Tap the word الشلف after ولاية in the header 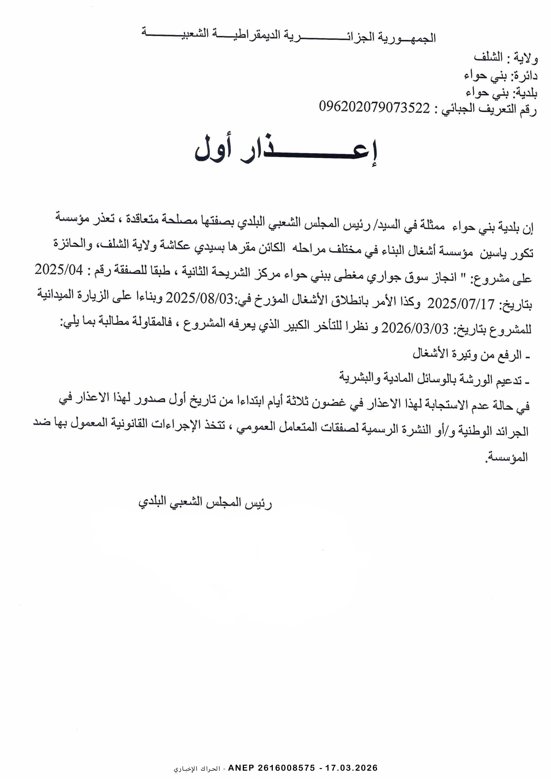click(x=488, y=57)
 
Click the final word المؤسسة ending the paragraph click(x=508, y=458)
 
